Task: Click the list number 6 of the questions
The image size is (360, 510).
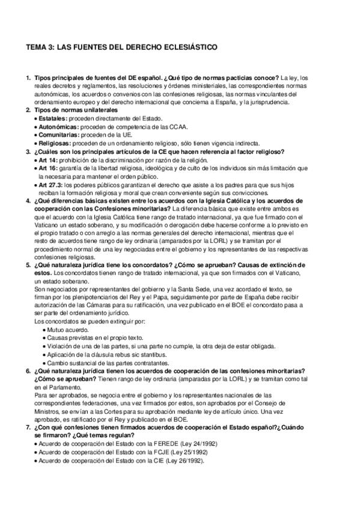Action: coord(28,371)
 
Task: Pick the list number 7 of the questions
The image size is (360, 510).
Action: coord(28,428)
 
